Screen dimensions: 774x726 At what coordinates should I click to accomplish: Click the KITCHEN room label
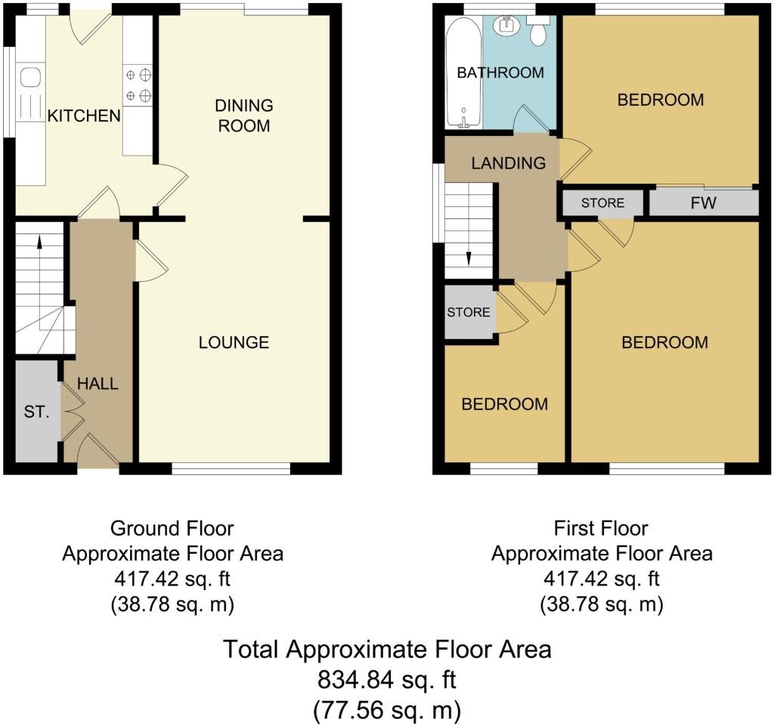tap(84, 116)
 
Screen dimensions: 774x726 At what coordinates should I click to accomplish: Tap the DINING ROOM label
tap(244, 116)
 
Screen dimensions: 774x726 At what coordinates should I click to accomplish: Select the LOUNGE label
tap(234, 342)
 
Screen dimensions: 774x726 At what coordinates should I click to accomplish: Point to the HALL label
tap(98, 384)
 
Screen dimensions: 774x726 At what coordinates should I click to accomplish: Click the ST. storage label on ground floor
tap(36, 411)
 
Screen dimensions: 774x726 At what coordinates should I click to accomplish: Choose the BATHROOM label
tap(500, 73)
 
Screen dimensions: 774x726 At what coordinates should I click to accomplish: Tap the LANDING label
tap(509, 163)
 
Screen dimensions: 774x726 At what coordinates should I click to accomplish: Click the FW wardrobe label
tap(704, 202)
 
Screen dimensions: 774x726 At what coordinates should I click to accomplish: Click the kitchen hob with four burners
tap(138, 85)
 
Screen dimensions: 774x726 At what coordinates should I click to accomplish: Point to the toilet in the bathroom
tap(538, 29)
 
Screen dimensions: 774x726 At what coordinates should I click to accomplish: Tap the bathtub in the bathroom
tap(463, 73)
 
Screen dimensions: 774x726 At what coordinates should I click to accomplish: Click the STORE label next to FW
tap(602, 203)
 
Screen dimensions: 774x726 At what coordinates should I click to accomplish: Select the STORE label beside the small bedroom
tap(469, 312)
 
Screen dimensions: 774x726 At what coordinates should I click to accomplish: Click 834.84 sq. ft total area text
tap(386, 680)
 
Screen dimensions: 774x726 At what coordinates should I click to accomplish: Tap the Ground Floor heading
tap(172, 529)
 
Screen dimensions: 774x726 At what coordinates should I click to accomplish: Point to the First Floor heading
tap(601, 529)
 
